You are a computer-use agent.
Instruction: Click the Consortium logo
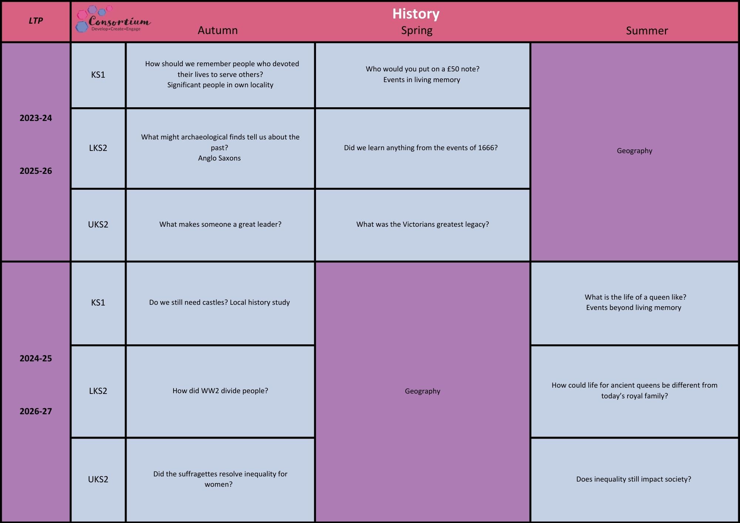(113, 19)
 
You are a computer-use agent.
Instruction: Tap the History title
(416, 14)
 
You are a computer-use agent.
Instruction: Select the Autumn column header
(218, 30)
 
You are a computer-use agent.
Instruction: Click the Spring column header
(417, 30)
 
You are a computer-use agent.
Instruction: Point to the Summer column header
(647, 31)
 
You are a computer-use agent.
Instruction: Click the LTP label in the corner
(36, 21)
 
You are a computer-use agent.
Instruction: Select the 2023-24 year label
(36, 118)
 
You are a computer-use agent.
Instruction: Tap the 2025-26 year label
(36, 171)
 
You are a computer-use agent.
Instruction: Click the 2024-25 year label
(36, 358)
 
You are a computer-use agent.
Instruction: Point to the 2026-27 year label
(36, 411)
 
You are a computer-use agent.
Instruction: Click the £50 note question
(423, 69)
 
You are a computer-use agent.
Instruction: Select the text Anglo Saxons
(219, 158)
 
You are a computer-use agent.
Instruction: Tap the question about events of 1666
(421, 148)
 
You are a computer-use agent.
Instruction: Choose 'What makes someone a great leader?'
(220, 225)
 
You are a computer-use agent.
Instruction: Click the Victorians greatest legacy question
(423, 225)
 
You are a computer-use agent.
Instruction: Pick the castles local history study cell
(219, 303)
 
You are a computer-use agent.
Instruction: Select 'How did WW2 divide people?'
(220, 391)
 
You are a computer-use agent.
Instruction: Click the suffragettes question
(220, 479)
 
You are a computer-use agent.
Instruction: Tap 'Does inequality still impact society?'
(633, 479)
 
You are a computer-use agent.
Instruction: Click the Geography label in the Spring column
(423, 391)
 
